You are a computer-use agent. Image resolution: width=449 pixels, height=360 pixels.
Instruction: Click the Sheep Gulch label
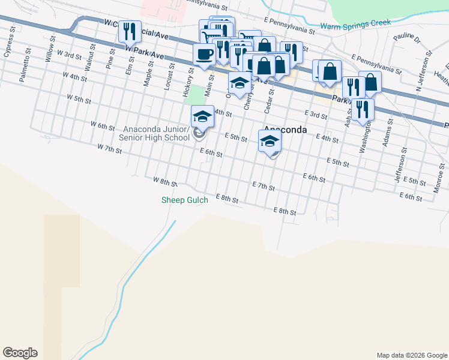pos(185,200)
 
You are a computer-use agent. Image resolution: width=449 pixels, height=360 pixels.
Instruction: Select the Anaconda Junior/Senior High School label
pos(154,134)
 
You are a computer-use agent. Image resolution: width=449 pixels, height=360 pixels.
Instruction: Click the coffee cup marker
pos(204,53)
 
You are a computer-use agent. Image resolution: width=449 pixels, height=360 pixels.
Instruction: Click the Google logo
pos(20,353)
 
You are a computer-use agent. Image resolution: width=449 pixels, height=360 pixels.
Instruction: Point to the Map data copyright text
pos(412,355)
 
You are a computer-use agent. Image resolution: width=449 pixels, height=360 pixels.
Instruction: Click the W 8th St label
pos(165,181)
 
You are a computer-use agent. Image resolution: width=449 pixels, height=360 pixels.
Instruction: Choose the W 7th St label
pos(109,148)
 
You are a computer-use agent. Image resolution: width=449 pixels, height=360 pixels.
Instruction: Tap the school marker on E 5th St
pos(270,142)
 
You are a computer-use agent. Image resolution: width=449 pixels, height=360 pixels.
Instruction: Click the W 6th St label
pos(102,125)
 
